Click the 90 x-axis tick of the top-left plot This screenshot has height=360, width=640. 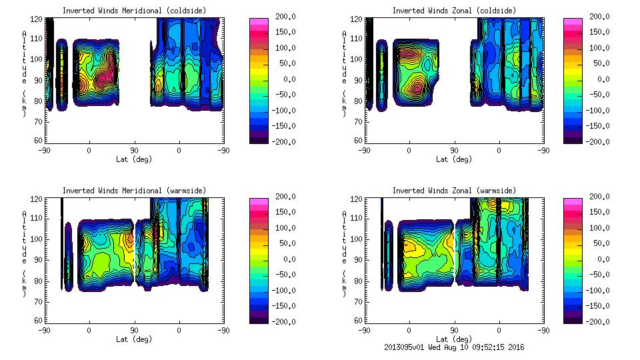pyautogui.click(x=134, y=150)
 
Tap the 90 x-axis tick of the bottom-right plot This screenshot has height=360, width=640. pyautogui.click(x=455, y=330)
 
